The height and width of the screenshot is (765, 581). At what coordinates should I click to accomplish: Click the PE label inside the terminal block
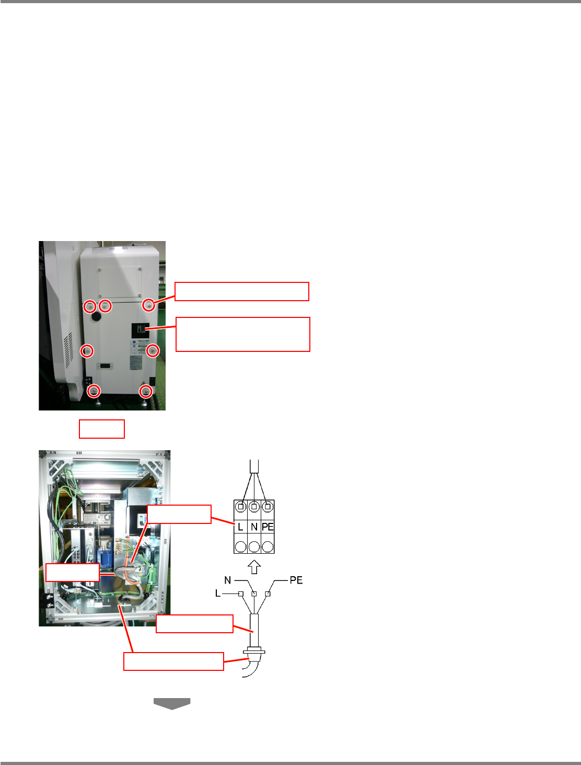268,527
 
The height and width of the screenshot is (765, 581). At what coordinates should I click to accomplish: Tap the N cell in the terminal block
254,527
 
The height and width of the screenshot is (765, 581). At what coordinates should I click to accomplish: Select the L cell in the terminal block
240,527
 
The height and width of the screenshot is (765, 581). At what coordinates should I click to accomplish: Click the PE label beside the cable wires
296,580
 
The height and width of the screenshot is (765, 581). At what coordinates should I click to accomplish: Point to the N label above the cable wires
228,580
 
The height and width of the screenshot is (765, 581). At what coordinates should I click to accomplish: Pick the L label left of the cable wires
218,593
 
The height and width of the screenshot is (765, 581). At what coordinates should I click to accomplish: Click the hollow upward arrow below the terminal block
254,566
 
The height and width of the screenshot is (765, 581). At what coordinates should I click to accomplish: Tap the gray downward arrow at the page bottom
171,704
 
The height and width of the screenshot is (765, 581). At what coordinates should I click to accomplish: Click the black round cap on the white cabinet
96,316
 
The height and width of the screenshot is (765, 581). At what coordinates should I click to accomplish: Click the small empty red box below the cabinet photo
101,429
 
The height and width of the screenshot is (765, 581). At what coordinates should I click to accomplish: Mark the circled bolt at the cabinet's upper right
149,305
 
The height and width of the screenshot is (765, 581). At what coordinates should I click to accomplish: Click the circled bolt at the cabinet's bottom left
94,390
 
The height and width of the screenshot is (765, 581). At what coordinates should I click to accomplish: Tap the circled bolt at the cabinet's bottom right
146,391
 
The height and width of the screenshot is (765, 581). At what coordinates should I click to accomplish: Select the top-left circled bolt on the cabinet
90,305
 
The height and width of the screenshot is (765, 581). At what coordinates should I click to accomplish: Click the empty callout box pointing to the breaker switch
242,334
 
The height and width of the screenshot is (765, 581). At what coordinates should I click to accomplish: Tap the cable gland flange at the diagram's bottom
254,652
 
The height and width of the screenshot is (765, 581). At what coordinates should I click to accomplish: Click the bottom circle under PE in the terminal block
268,546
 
